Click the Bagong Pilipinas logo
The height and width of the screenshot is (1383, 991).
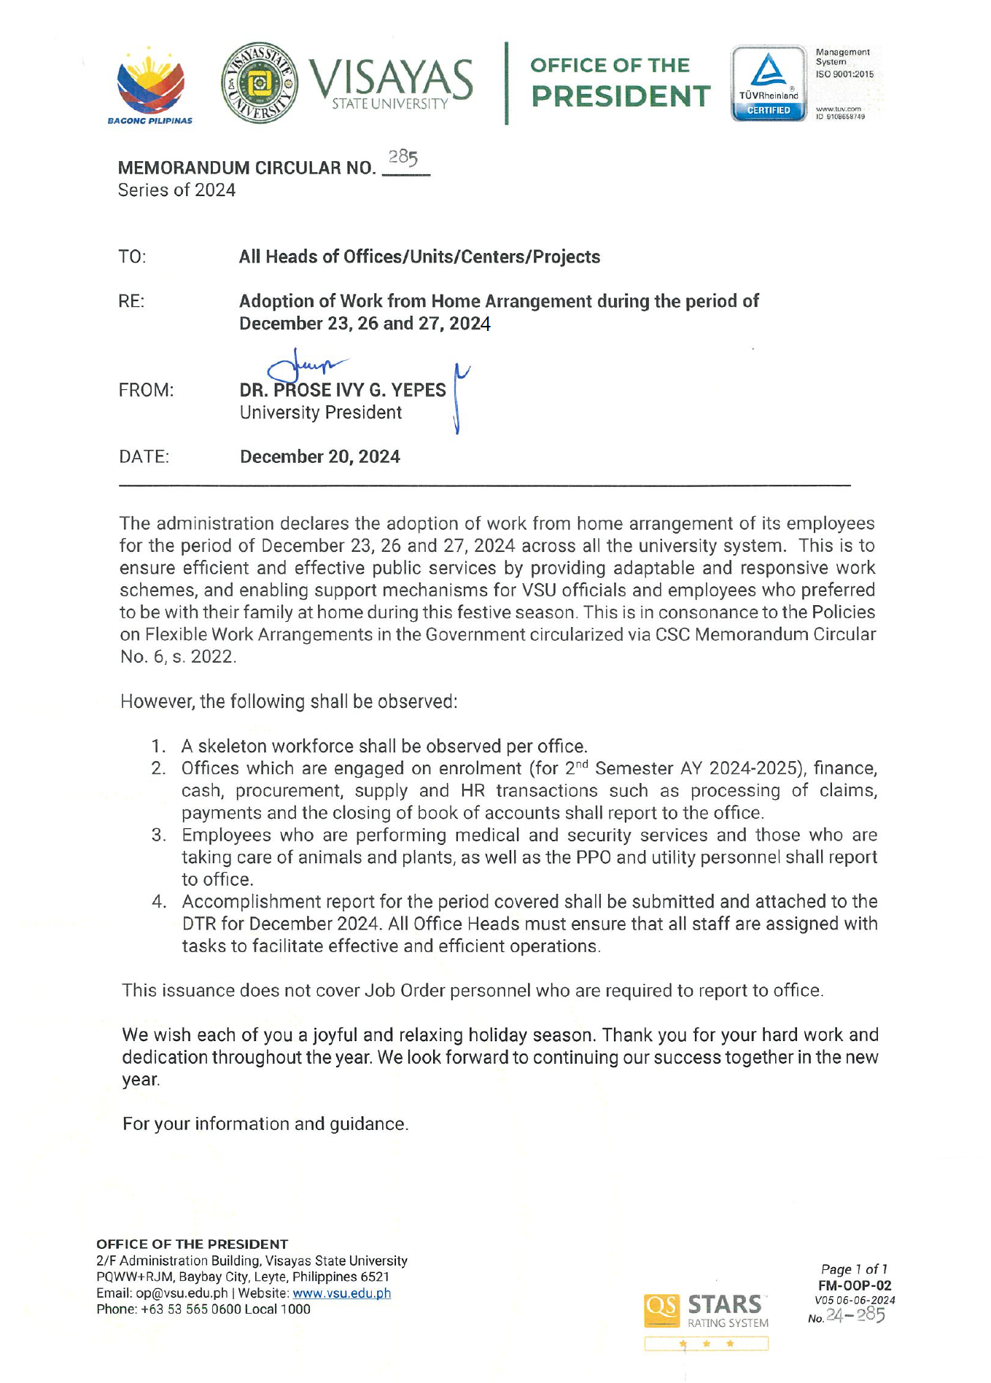(150, 86)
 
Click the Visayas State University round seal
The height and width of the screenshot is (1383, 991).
(259, 82)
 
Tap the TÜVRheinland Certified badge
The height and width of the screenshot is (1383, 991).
(769, 83)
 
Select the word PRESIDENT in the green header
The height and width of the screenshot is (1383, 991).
(621, 96)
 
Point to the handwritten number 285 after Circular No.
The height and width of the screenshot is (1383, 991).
(403, 157)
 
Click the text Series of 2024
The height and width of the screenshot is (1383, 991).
(176, 190)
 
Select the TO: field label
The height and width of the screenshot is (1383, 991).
(132, 257)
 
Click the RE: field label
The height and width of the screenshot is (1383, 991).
(131, 302)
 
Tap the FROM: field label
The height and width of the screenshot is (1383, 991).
(146, 391)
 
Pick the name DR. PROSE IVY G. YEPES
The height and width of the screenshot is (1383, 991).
(343, 391)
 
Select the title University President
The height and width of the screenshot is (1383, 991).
(321, 413)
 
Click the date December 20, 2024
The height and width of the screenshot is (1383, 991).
(320, 457)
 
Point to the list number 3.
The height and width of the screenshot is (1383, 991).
(158, 835)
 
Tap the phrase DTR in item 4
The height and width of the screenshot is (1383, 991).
(199, 924)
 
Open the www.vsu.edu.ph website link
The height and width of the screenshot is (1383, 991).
(341, 1293)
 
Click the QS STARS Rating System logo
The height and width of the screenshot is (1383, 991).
(706, 1312)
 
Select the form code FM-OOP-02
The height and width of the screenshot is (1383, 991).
(855, 1286)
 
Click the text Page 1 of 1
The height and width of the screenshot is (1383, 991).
(854, 1269)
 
